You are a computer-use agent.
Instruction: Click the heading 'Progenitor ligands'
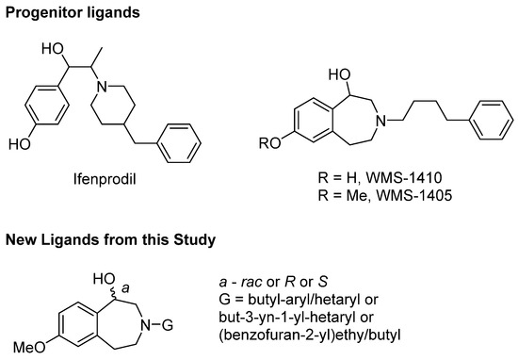pos(73,13)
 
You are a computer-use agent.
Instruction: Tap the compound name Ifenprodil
pos(105,179)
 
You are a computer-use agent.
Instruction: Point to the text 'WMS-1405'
pos(414,195)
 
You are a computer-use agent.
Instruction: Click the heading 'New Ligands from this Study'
pos(111,240)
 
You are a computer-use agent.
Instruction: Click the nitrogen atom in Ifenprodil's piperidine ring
pos(102,87)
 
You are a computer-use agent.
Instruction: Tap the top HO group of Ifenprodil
pos(53,49)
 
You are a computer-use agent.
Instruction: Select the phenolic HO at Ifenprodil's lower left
pos(20,144)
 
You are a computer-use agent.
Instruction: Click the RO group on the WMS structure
pos(270,143)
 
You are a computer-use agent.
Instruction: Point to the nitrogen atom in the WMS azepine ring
pos(381,121)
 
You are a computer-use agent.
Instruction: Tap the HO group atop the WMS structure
pos(339,75)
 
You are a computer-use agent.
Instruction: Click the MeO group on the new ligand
pos(29,348)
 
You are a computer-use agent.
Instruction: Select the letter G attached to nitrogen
pos(168,325)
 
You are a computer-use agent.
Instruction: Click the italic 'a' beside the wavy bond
pos(125,288)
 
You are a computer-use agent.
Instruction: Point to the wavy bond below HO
pos(115,292)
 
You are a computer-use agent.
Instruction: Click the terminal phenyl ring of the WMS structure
pos(492,120)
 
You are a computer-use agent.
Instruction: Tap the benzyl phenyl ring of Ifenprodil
pos(179,143)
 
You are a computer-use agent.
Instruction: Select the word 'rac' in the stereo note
pos(251,282)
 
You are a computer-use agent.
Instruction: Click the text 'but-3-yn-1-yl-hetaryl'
pos(296,318)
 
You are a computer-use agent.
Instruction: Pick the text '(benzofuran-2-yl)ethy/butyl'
pos(310,335)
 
